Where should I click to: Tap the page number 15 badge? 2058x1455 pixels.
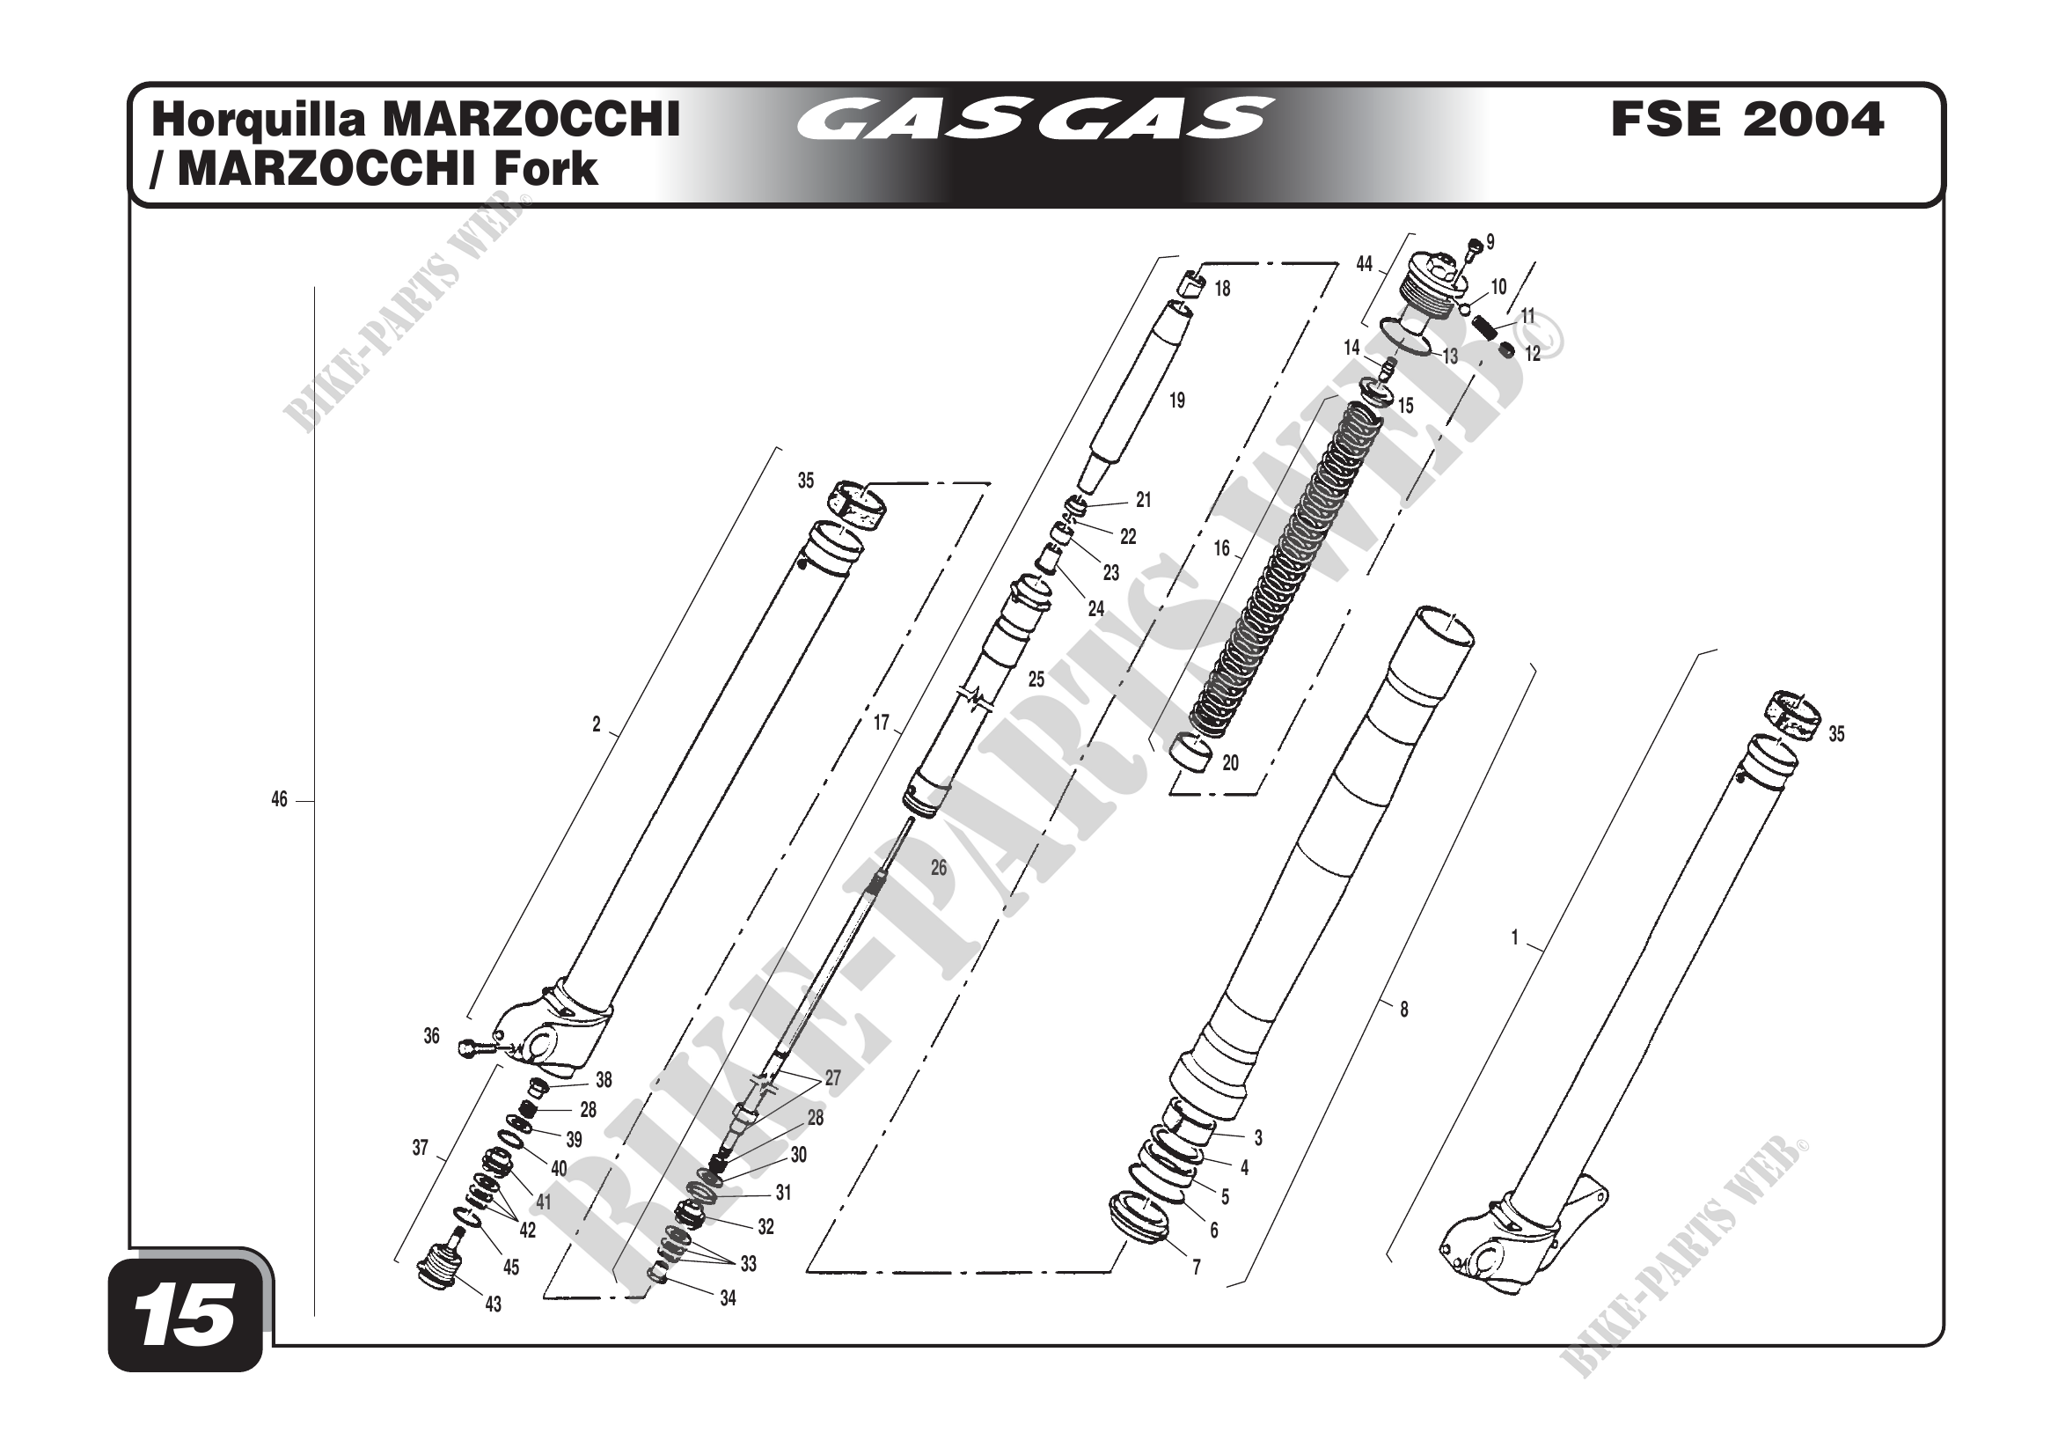point(187,1316)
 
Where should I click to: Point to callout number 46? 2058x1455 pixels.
point(279,798)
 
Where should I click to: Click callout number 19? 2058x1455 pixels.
point(1177,400)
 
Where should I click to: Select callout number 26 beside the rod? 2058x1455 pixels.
point(939,868)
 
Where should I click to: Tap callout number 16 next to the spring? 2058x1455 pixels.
point(1222,548)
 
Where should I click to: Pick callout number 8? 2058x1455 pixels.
point(1403,1010)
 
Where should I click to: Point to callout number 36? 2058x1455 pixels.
point(431,1036)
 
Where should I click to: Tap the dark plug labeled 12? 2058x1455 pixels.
point(1509,349)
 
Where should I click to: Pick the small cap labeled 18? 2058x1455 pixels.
point(1190,284)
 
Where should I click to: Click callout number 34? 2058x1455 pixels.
point(727,1297)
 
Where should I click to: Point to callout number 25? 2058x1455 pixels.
point(1036,680)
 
